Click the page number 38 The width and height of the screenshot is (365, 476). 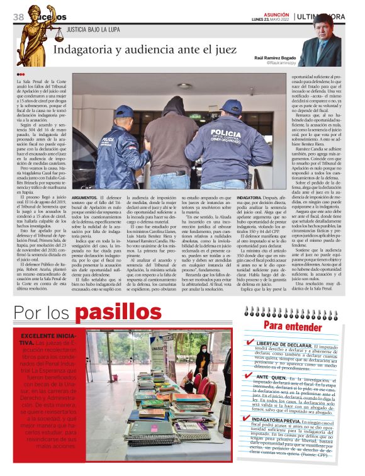point(18,18)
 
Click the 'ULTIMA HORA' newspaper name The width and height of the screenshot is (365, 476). point(322,16)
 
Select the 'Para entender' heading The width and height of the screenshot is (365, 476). point(283,326)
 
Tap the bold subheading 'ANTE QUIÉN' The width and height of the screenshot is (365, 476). point(274,377)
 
